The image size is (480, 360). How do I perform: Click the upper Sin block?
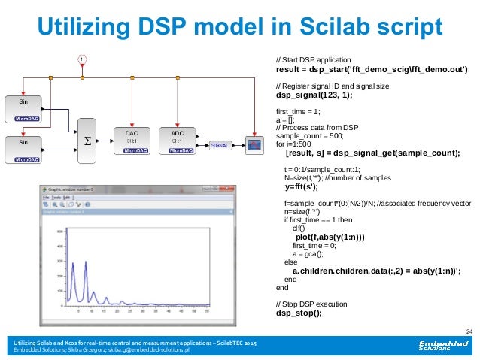pos(24,108)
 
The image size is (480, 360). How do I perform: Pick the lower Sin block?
pos(24,148)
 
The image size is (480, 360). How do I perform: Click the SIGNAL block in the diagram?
pos(220,144)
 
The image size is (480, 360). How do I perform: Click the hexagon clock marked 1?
pos(81,59)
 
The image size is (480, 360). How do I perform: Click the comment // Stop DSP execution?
pos(311,304)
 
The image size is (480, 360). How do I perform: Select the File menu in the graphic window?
pos(47,198)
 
